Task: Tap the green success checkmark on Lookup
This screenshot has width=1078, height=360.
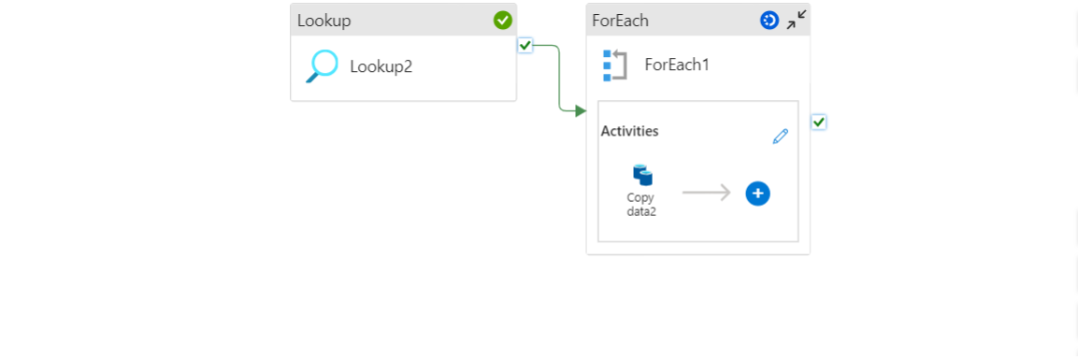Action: point(503,20)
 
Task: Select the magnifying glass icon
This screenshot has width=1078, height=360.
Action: point(323,65)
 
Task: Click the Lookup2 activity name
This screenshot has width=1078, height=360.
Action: point(381,66)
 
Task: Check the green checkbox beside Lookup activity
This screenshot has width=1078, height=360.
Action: point(525,45)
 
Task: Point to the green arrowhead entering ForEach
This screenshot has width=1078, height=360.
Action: point(581,110)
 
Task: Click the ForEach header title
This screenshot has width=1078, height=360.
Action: point(620,20)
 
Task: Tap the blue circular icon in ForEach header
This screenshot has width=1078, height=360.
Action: point(769,20)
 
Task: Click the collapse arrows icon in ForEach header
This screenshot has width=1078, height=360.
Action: point(797,20)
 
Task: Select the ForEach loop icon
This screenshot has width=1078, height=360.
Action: point(614,65)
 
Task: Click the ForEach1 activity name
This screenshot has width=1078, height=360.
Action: point(677,65)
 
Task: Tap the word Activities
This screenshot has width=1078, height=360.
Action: point(629,131)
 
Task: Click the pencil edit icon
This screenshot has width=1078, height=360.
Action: point(781,137)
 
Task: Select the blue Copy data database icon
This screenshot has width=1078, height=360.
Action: point(642,175)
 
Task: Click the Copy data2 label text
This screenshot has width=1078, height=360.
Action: point(641,205)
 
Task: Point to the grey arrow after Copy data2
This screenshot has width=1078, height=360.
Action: point(706,194)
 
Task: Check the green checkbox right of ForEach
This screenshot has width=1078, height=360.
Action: point(819,122)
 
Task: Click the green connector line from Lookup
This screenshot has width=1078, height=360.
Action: point(559,79)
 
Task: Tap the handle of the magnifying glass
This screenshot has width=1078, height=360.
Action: point(313,77)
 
